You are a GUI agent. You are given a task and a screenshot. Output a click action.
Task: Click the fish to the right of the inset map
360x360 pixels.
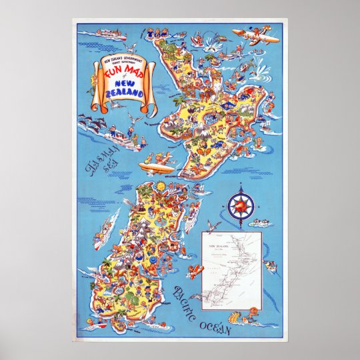click(270, 265)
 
